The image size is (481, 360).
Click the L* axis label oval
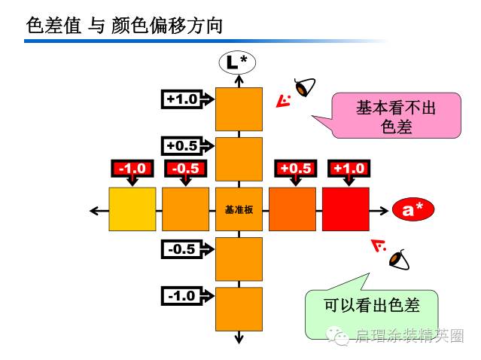pyautogui.click(x=238, y=61)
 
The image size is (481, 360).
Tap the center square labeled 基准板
pyautogui.click(x=239, y=209)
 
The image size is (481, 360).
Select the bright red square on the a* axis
pyautogui.click(x=346, y=209)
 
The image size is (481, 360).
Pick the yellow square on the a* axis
pyautogui.click(x=132, y=209)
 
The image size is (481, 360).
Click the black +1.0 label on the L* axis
pyautogui.click(x=182, y=99)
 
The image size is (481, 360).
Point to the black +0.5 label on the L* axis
pyautogui.click(x=182, y=145)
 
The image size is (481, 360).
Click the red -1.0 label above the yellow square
pyautogui.click(x=132, y=168)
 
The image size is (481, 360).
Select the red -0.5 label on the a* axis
pyautogui.click(x=185, y=168)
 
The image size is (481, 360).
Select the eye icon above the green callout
pyautogui.click(x=400, y=258)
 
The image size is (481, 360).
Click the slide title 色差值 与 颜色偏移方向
pyautogui.click(x=125, y=26)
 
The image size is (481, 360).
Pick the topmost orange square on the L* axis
pyautogui.click(x=239, y=109)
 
